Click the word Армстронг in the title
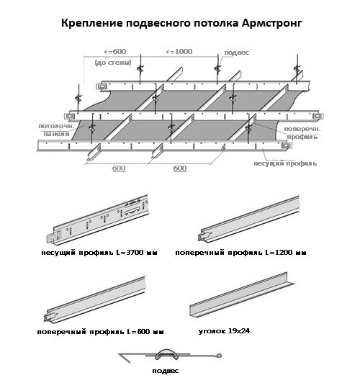tap(271, 24)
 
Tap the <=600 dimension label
tap(115, 52)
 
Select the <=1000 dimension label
tap(179, 52)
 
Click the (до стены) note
tap(113, 63)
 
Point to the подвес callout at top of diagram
tap(237, 53)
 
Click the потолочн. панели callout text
tap(56, 130)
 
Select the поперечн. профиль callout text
tap(302, 133)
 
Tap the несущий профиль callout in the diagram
tap(285, 163)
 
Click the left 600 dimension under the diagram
tap(119, 168)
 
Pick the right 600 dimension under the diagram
tap(180, 168)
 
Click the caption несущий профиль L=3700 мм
tap(99, 253)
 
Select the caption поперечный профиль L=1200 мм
tap(240, 253)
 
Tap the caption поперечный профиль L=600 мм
tap(100, 332)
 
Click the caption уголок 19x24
tap(224, 331)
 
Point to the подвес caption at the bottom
tap(166, 371)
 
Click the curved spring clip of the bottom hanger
tap(167, 353)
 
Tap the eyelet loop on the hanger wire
tap(219, 356)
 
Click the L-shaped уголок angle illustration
tap(242, 295)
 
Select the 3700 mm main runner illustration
tap(98, 220)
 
